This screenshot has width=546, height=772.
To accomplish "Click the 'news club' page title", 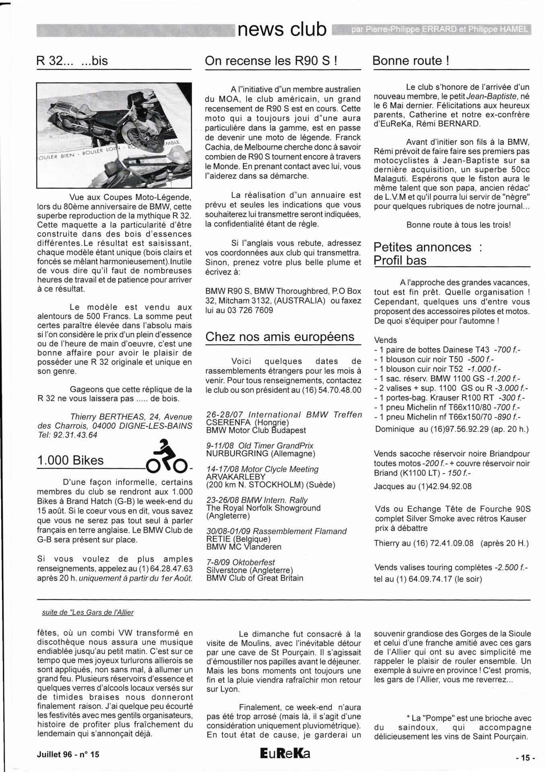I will click(x=282, y=30).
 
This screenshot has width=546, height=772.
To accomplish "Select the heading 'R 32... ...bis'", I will click(x=72, y=61).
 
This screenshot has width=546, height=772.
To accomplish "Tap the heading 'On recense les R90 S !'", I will click(x=270, y=61).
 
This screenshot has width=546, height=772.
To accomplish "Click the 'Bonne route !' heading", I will click(x=411, y=61).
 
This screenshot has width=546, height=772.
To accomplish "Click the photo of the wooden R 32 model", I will click(x=114, y=135).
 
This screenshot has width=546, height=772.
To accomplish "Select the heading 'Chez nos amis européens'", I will click(x=280, y=337).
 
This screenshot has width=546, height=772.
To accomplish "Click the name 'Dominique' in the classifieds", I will click(x=395, y=429).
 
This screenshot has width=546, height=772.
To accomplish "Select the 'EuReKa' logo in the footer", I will click(x=285, y=754).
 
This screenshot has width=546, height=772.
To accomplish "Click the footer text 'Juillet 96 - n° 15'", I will click(x=68, y=754).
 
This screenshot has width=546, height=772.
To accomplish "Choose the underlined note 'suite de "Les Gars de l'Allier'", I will click(x=88, y=612).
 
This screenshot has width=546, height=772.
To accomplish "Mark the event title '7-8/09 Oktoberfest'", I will click(x=241, y=562).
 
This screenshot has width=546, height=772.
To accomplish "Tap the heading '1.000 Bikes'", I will click(x=70, y=460).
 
